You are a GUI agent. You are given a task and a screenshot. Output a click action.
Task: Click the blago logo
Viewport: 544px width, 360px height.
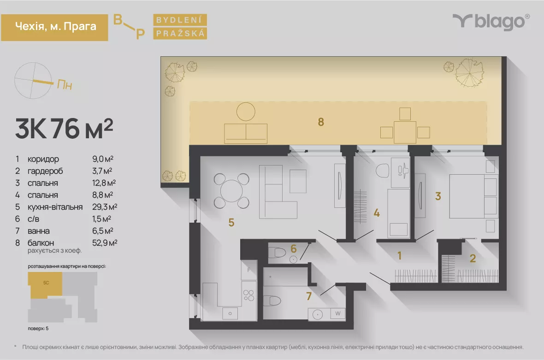point(491,22)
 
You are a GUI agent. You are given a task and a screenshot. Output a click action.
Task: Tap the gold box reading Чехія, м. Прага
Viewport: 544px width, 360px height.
point(54,27)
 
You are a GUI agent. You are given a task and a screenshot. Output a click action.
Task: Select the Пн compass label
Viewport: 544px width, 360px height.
point(65,85)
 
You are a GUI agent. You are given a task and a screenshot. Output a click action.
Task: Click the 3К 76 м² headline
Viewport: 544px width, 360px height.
point(64,129)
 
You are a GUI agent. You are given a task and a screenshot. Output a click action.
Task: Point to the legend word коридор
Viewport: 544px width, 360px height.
point(43,159)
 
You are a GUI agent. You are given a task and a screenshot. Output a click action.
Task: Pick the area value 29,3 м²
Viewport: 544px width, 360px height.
point(105,207)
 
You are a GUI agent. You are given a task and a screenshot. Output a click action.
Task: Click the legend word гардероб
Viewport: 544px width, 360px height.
point(45,171)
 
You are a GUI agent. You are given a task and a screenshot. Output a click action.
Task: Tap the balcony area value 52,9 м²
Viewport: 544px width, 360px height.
point(105,243)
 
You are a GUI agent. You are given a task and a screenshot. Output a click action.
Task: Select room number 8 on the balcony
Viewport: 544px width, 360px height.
point(321,122)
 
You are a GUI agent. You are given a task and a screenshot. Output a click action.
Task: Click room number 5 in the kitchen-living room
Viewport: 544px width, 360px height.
point(231,222)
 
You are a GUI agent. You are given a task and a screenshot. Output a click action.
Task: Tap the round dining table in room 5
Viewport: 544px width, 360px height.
point(231,191)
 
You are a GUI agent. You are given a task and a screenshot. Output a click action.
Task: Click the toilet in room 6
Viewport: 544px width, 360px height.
point(277,252)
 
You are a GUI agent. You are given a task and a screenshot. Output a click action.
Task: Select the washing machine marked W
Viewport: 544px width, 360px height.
point(337,313)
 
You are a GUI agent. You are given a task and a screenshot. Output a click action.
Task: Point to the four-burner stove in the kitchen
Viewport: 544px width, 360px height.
point(249,295)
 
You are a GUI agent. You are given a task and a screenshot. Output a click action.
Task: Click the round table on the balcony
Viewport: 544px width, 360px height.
point(246,112)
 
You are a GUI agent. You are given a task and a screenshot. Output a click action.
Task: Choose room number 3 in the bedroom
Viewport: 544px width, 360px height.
point(438,196)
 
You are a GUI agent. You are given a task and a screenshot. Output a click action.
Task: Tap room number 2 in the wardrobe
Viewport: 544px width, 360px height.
point(473,259)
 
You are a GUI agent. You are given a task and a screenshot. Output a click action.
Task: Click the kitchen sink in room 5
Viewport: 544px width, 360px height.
point(230,313)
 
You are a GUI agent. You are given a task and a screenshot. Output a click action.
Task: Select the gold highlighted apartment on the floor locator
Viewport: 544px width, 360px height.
point(45,284)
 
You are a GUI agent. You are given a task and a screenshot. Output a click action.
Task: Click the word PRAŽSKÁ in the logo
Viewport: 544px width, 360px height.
point(180,33)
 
